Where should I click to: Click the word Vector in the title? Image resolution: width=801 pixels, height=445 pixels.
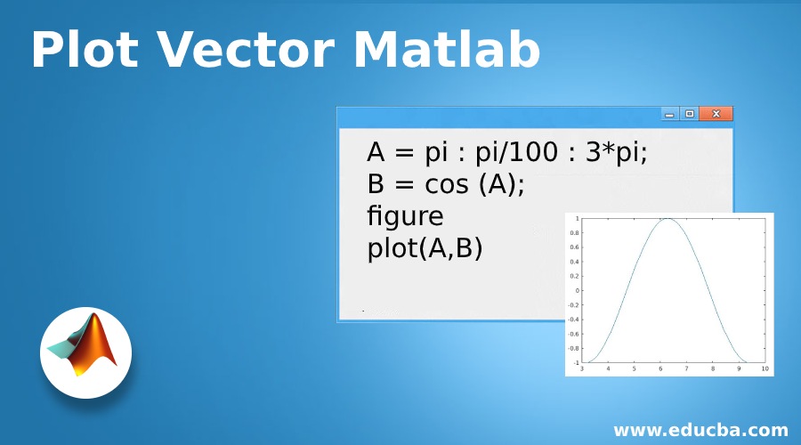click(x=246, y=49)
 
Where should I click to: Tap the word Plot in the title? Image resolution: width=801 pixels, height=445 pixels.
click(x=85, y=49)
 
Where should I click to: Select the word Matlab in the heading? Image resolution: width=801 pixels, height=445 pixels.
click(x=447, y=49)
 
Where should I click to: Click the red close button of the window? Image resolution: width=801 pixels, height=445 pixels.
click(x=716, y=113)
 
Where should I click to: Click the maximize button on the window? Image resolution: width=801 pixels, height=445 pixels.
click(x=690, y=113)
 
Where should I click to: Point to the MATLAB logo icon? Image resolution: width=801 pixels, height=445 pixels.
click(x=85, y=352)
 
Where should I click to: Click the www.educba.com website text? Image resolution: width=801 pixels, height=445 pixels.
click(x=701, y=430)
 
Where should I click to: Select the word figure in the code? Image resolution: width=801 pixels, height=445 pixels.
click(x=405, y=216)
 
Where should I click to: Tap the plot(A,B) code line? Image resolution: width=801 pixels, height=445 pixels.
click(x=425, y=248)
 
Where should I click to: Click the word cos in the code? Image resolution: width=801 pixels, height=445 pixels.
click(x=447, y=184)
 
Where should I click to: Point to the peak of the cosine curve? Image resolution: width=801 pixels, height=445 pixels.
click(x=667, y=219)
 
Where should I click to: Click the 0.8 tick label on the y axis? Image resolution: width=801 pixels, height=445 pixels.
click(x=574, y=233)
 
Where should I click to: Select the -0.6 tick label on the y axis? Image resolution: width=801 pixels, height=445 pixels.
click(x=573, y=334)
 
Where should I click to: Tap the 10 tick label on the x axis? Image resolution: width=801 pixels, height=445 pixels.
click(x=765, y=368)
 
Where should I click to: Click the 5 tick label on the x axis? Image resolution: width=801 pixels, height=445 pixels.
click(x=634, y=368)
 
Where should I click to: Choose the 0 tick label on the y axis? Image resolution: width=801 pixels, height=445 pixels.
click(x=578, y=291)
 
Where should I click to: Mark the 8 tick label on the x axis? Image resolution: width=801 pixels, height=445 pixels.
click(x=713, y=368)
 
